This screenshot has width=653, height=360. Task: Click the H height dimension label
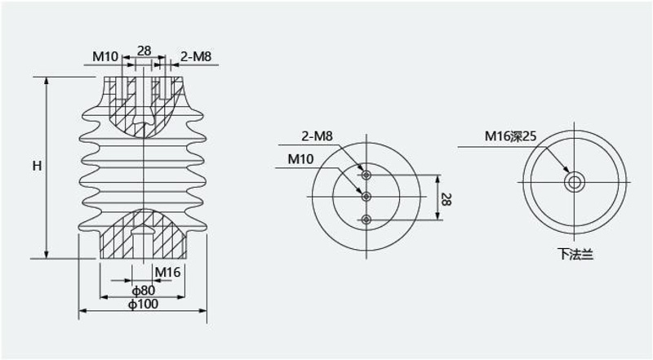(x=38, y=166)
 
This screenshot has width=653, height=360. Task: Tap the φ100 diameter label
(x=144, y=304)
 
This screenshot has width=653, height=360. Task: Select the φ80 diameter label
(x=144, y=290)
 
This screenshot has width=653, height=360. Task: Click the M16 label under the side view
(x=167, y=272)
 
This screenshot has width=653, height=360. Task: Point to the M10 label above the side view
(x=105, y=56)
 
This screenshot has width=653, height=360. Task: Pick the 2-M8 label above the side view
(x=196, y=56)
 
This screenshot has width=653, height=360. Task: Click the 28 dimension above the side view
(x=144, y=51)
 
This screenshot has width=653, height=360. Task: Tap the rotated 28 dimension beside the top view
(x=445, y=199)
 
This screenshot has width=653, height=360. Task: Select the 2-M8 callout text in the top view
(x=317, y=136)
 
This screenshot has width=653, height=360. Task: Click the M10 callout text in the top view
(x=300, y=158)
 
